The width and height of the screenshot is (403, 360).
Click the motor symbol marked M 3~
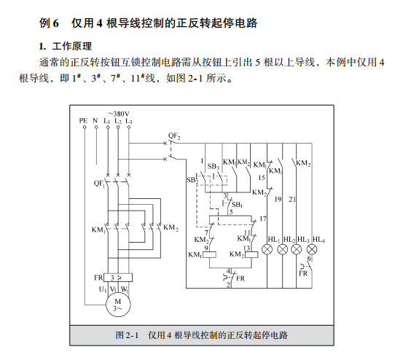click(118, 305)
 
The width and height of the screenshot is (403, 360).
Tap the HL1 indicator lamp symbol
click(267, 249)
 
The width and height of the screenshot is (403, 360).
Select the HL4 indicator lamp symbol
click(312, 249)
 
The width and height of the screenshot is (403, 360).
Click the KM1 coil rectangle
click(209, 254)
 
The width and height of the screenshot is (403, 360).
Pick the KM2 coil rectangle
click(251, 254)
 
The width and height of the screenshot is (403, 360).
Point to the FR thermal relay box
click(118, 278)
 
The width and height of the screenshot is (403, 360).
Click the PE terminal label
click(83, 120)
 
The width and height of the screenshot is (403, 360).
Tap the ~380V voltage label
click(119, 114)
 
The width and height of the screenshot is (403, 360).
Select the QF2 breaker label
click(174, 136)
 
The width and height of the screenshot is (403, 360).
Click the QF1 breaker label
click(99, 184)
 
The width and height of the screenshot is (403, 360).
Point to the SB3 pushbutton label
click(214, 166)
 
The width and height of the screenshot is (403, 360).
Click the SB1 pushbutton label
click(237, 205)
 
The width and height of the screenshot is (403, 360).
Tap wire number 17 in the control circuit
click(262, 219)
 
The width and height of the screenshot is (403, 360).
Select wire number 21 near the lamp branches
click(292, 200)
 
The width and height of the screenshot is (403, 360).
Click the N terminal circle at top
click(96, 127)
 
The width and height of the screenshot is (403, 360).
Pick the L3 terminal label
click(129, 121)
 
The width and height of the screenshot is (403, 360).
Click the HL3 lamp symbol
click(297, 249)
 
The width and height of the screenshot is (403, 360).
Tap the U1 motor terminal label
click(103, 289)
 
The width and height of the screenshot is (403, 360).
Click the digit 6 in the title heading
click(56, 23)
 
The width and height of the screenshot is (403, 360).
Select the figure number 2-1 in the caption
click(132, 335)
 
